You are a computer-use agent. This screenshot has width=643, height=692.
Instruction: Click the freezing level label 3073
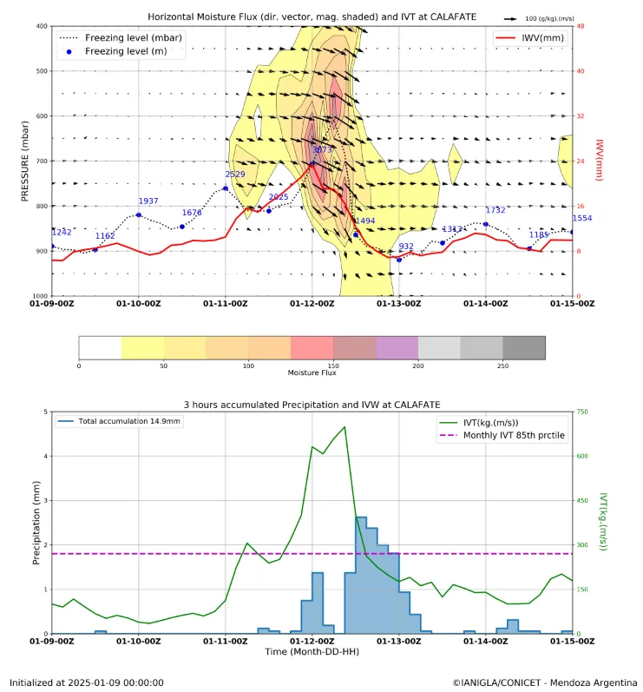[322, 150]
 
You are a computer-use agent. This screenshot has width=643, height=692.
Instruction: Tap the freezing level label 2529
[235, 175]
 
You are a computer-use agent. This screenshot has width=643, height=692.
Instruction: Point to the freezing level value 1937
[148, 201]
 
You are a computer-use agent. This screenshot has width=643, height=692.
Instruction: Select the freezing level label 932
[406, 247]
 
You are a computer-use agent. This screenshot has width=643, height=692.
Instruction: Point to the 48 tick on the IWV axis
[580, 26]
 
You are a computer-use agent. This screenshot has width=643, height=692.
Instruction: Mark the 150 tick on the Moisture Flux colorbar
[333, 366]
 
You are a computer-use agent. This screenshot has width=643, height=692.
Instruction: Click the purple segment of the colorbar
[397, 347]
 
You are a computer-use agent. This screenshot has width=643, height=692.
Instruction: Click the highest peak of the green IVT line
[344, 426]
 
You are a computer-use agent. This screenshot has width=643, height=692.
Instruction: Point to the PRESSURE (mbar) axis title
[26, 161]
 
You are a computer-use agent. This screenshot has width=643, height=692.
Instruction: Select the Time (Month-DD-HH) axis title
[312, 651]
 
